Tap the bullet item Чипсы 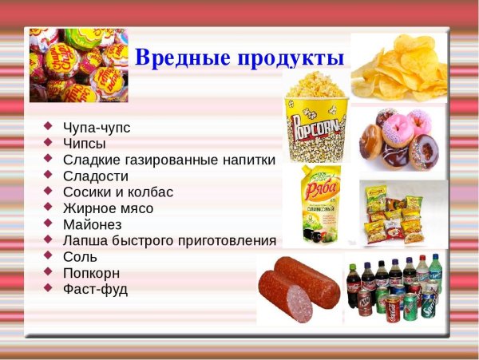pyautogui.click(x=84, y=144)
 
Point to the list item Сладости pyautogui.click(x=95, y=176)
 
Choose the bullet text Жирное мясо pyautogui.click(x=108, y=208)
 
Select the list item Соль pyautogui.click(x=80, y=257)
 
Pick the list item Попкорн pyautogui.click(x=92, y=273)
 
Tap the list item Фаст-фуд pyautogui.click(x=94, y=289)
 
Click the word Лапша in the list pyautogui.click(x=85, y=240)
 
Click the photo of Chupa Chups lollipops pyautogui.click(x=77, y=64)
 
